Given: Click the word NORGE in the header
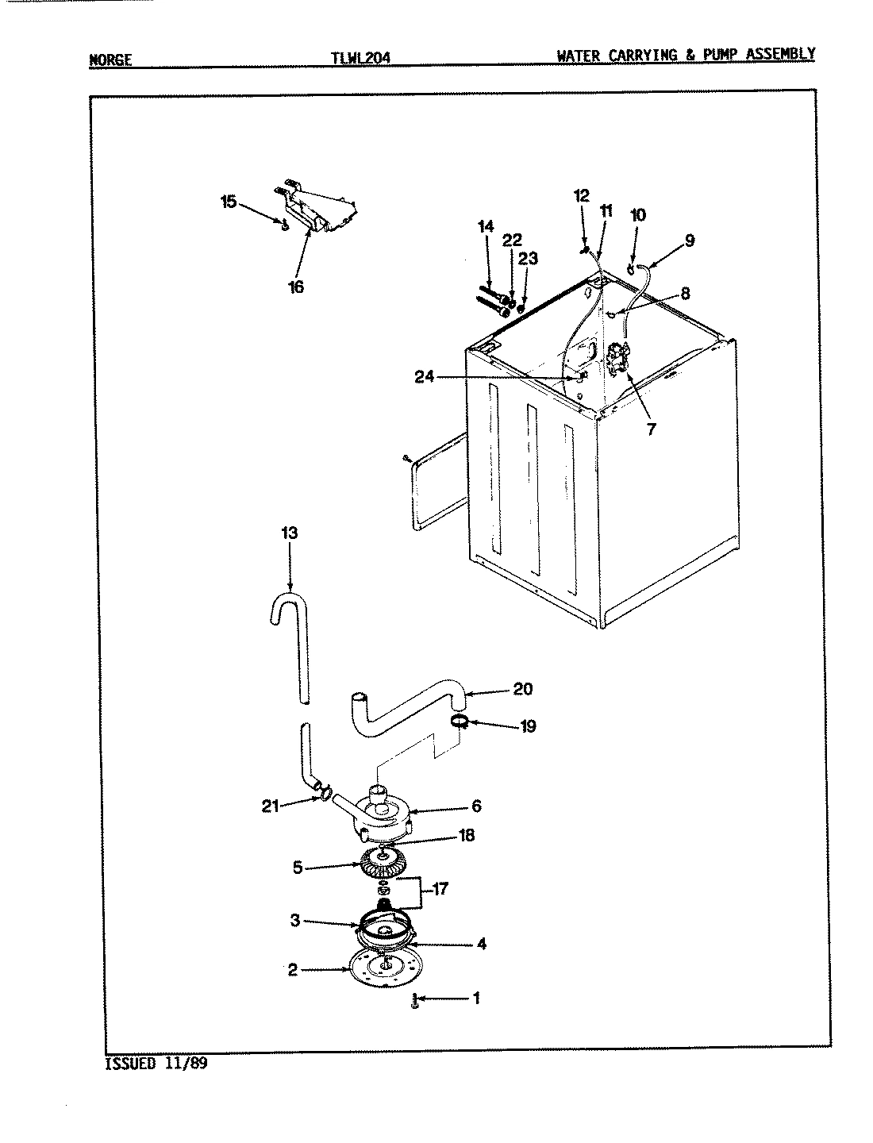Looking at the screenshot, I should pyautogui.click(x=110, y=60).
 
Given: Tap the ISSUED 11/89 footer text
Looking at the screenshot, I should pyautogui.click(x=156, y=1064).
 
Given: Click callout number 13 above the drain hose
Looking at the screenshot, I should pyautogui.click(x=289, y=533).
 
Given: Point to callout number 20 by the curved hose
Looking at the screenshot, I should pyautogui.click(x=522, y=689).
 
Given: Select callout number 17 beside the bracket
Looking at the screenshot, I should pyautogui.click(x=439, y=890).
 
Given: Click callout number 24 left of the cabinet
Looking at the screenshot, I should pyautogui.click(x=425, y=377).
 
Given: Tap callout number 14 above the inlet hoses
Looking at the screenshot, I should pyautogui.click(x=486, y=227).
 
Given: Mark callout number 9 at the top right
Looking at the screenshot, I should pyautogui.click(x=689, y=240).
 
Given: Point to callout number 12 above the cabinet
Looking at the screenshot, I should pyautogui.click(x=582, y=195).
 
